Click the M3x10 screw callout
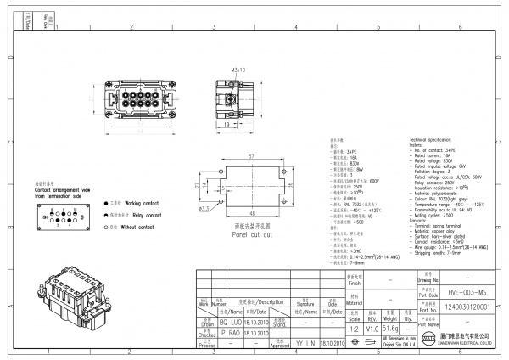238,70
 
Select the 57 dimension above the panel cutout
251,158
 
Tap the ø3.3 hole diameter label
205,206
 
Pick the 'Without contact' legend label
141,227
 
